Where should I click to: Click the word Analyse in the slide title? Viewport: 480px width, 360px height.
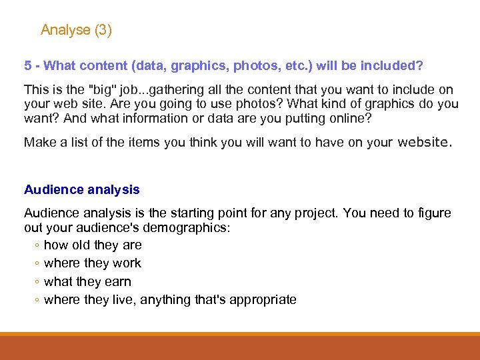coord(65,30)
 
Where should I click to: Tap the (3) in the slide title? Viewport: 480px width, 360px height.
coord(103,30)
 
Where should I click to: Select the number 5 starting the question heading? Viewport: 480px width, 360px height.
coord(28,66)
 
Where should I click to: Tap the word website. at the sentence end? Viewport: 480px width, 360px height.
coord(424,141)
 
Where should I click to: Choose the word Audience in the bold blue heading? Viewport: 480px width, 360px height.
coord(53,189)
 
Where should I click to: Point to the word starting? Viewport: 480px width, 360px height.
coord(193,213)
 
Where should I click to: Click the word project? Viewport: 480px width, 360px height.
coord(310,213)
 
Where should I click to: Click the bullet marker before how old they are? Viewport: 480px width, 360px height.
coord(36,245)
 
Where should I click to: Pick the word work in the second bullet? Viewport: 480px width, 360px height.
coord(127,263)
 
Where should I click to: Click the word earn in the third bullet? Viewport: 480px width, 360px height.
coord(118,282)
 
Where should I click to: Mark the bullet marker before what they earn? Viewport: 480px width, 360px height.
coord(36,283)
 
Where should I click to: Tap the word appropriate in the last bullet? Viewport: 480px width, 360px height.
coord(263,300)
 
